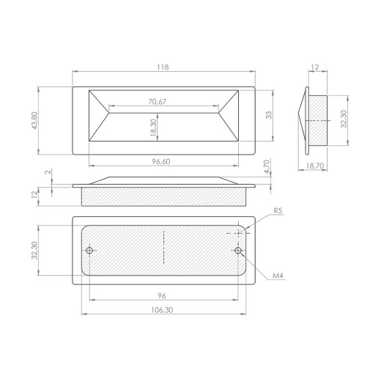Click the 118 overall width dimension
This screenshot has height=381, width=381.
(x=163, y=67)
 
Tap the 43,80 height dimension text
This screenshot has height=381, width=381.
(x=35, y=120)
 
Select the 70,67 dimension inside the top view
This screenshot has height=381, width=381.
(x=158, y=102)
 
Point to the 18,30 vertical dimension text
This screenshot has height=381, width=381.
(x=154, y=127)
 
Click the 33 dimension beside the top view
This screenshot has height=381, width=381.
(x=269, y=115)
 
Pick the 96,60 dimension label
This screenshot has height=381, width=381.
(x=161, y=161)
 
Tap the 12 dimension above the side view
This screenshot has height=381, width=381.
(x=315, y=67)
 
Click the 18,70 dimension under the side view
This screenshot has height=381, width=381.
(x=315, y=166)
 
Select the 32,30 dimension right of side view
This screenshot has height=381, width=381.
(x=344, y=119)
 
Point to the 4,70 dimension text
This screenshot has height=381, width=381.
(x=267, y=166)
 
